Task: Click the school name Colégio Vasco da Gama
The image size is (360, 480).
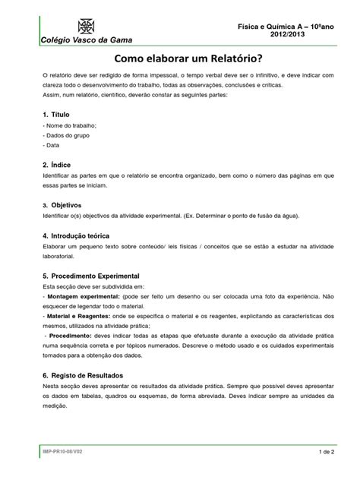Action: point(73,39)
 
